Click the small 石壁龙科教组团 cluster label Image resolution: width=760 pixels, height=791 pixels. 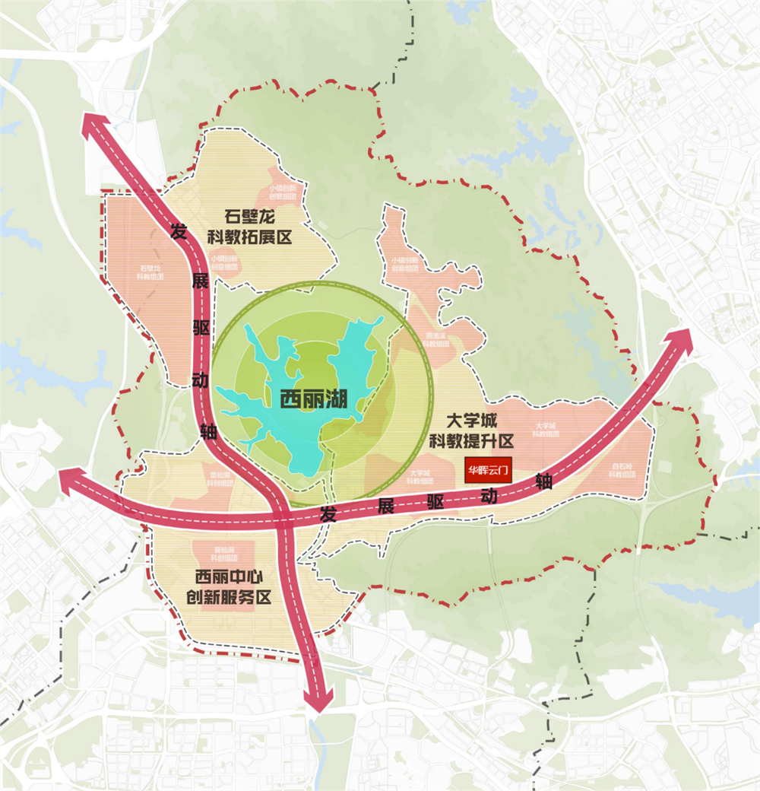point(150,273)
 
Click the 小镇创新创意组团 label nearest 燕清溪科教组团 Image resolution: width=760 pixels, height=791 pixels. point(405,263)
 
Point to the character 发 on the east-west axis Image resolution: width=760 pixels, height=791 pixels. point(328,513)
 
